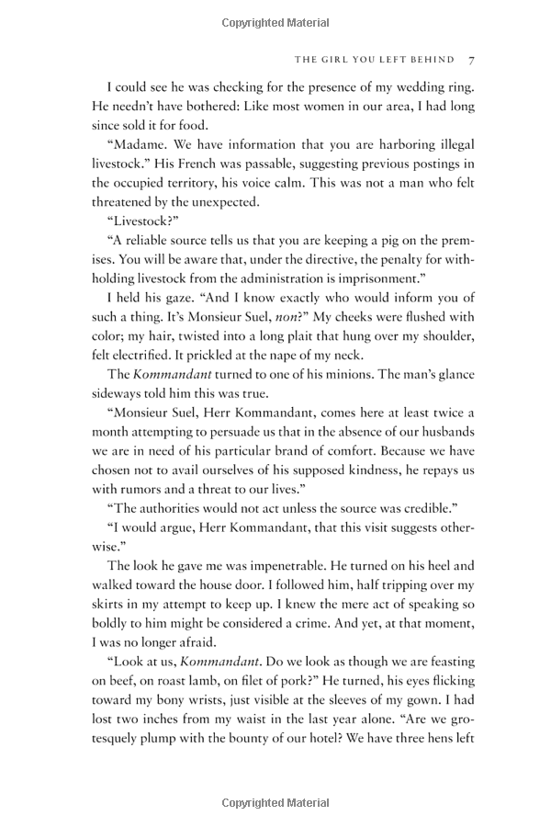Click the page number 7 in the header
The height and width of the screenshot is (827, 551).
[x=470, y=60]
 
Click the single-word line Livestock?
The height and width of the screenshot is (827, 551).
[x=139, y=221]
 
